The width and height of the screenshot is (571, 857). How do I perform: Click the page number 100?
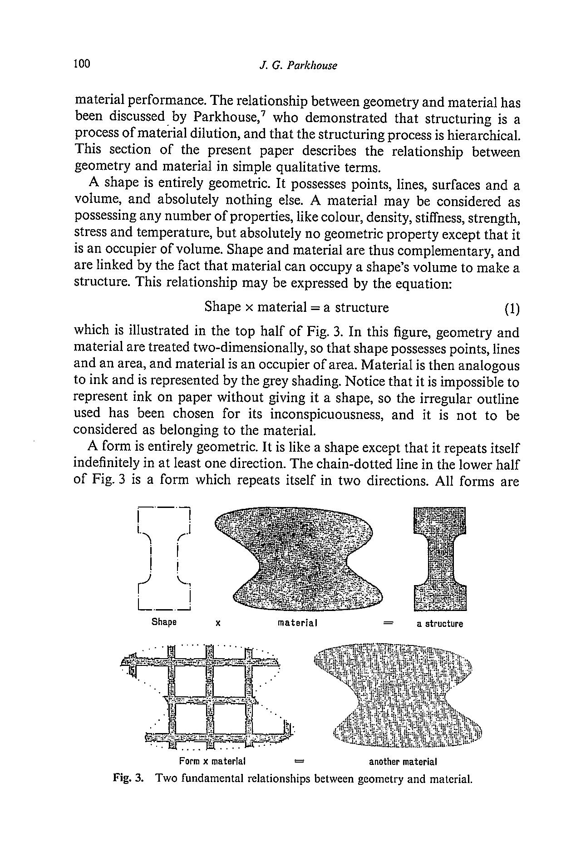tap(82, 64)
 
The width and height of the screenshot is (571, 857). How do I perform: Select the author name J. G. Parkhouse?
tap(298, 65)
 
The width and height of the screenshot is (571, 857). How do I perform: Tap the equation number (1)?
tap(512, 309)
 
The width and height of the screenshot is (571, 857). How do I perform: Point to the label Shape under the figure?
tap(164, 621)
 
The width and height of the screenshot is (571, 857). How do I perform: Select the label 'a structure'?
tap(440, 624)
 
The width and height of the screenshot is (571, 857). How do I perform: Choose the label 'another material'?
tap(403, 761)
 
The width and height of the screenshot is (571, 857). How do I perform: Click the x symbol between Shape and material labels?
tap(218, 624)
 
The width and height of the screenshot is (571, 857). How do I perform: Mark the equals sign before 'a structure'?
tap(387, 623)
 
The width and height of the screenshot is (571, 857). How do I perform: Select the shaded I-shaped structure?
tap(440, 559)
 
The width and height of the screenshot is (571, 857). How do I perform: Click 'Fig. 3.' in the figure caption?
tap(128, 779)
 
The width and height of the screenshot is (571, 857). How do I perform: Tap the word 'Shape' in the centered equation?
tap(222, 307)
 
